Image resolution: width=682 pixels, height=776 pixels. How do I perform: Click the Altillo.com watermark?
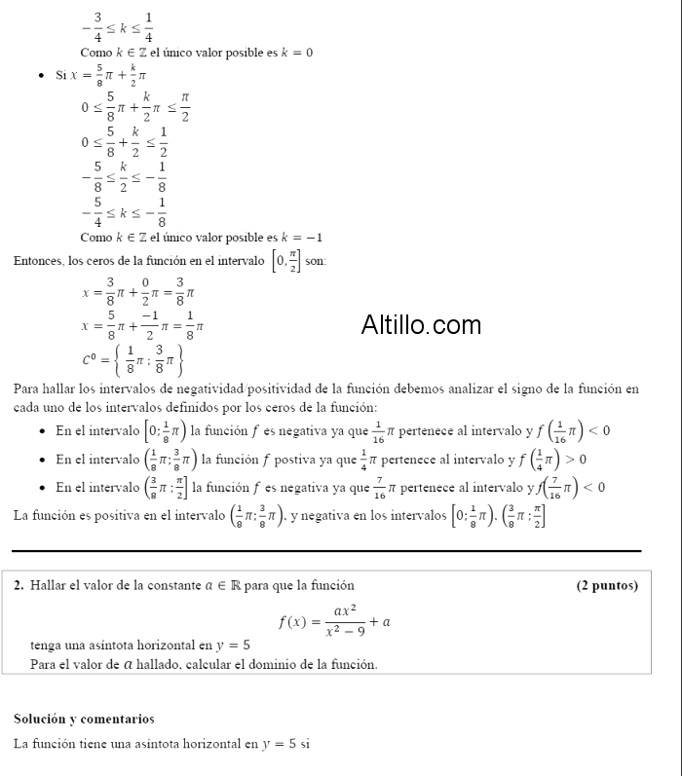tap(421, 324)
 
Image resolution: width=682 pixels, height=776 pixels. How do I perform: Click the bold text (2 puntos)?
tap(607, 585)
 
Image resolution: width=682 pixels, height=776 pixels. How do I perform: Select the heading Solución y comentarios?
tap(84, 719)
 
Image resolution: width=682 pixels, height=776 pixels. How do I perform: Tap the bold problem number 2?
tap(19, 585)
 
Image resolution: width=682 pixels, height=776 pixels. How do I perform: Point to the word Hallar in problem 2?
tap(49, 585)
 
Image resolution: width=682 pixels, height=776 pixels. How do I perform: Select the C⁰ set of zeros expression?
tap(133, 359)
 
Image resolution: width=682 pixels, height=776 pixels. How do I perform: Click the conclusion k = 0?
tap(296, 53)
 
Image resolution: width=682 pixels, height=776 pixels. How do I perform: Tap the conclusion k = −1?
tap(301, 238)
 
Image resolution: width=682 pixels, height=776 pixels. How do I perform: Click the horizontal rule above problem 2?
tap(327, 551)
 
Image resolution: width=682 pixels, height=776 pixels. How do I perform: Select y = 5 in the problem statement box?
tap(232, 645)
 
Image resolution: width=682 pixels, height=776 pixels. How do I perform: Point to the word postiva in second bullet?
tap(298, 459)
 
